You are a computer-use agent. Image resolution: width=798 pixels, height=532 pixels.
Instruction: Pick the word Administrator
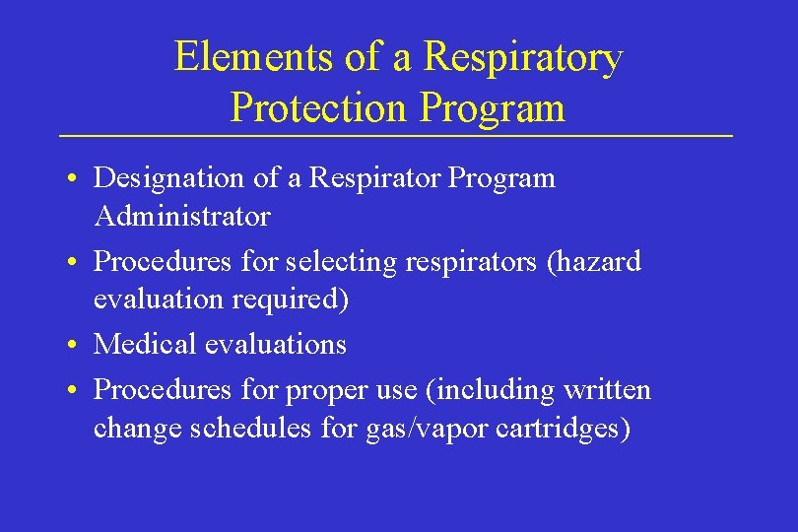pyautogui.click(x=181, y=214)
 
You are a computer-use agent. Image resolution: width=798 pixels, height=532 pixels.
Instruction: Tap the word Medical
pyautogui.click(x=145, y=344)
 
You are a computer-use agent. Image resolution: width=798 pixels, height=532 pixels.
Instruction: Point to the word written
pyautogui.click(x=607, y=390)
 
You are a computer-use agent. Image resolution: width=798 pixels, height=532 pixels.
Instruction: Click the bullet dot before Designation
pyautogui.click(x=75, y=180)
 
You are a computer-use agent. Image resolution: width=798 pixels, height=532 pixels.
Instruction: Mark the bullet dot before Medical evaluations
pyautogui.click(x=75, y=346)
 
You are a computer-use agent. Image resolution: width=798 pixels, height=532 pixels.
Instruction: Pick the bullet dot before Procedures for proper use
pyautogui.click(x=75, y=392)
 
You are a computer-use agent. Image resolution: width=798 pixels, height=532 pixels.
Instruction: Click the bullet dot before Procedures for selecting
pyautogui.click(x=75, y=264)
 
